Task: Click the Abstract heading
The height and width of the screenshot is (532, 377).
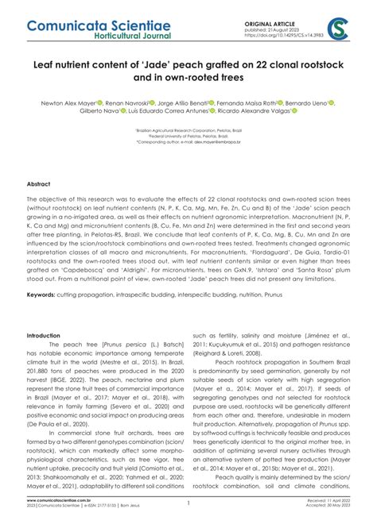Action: point(39,183)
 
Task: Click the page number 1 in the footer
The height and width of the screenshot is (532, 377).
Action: point(188,526)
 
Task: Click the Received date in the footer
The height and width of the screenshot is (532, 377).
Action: point(330,522)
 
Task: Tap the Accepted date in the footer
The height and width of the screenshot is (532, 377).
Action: point(329,528)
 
